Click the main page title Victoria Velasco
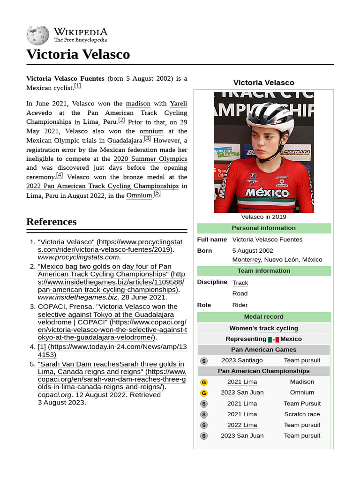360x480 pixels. [x=78, y=54]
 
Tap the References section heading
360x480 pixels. [x=52, y=222]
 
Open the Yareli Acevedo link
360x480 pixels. [x=178, y=108]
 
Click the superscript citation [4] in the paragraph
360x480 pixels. [x=60, y=175]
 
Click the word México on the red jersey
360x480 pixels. [x=267, y=192]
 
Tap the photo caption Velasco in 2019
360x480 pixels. [x=263, y=217]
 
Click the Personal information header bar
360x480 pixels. [x=263, y=228]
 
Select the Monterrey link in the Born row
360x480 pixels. [x=247, y=260]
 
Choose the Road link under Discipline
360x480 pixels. [x=240, y=294]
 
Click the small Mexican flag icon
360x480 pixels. [x=273, y=339]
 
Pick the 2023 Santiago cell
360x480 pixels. [x=242, y=360]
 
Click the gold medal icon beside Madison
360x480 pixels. [x=203, y=382]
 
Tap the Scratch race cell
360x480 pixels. [x=302, y=414]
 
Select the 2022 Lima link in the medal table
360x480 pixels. [x=242, y=425]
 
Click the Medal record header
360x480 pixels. [x=263, y=317]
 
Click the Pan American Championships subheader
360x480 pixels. [x=263, y=371]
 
